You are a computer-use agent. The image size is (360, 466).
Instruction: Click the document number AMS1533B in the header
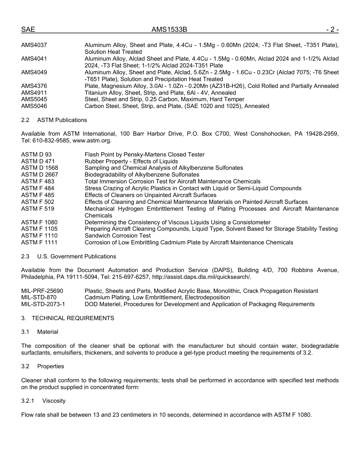point(169,30)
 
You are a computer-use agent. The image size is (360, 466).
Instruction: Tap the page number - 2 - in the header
point(332,30)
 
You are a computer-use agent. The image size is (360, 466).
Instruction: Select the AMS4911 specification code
point(34,93)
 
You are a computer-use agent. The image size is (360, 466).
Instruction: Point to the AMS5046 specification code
point(34,106)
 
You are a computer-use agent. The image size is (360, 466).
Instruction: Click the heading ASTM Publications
point(62,120)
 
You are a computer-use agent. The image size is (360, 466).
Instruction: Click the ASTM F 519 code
point(38,209)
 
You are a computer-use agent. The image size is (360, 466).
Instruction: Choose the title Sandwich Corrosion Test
point(117,236)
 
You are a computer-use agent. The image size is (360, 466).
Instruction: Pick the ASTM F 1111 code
point(39,242)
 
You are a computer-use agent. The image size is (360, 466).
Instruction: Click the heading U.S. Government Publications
point(77,256)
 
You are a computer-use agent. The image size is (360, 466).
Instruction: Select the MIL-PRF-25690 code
point(42,291)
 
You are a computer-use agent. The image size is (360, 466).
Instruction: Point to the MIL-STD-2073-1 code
point(43,304)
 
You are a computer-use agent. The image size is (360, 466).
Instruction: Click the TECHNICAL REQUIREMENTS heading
point(73,318)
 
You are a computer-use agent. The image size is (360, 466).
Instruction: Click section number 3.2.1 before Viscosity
point(28,401)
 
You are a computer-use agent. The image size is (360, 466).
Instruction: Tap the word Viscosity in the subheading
point(54,401)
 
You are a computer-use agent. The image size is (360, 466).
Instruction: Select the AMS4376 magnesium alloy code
point(34,86)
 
